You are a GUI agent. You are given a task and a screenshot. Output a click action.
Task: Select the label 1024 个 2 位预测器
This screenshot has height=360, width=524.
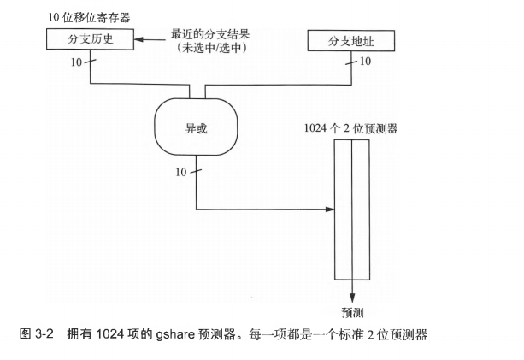pyautogui.click(x=350, y=128)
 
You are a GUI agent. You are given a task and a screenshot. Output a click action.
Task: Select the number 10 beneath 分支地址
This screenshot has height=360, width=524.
pyautogui.click(x=366, y=62)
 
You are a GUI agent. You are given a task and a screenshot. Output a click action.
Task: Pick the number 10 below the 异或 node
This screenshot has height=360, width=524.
pyautogui.click(x=180, y=173)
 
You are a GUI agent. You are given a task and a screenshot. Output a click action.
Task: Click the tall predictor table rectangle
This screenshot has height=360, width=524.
pyautogui.click(x=351, y=210)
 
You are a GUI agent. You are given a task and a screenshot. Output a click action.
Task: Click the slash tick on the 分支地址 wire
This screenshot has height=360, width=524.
pyautogui.click(x=351, y=62)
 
